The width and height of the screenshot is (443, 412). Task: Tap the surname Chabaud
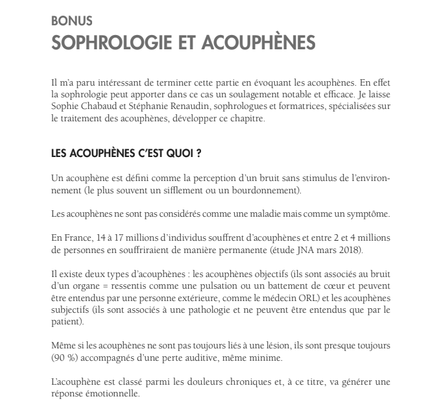coord(100,108)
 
